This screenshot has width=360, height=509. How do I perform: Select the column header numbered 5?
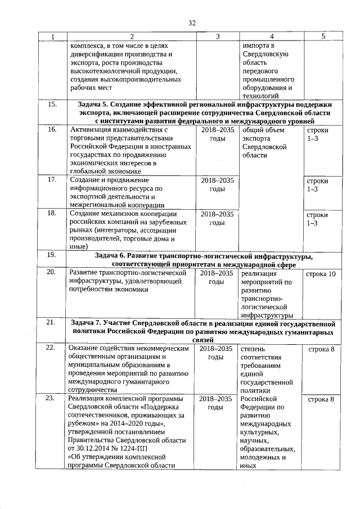[x=323, y=37]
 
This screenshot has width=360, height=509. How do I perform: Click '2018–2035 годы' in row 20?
[x=217, y=277]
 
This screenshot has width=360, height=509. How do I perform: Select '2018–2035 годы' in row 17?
[x=217, y=185]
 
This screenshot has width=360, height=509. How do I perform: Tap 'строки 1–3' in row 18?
[x=316, y=219]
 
